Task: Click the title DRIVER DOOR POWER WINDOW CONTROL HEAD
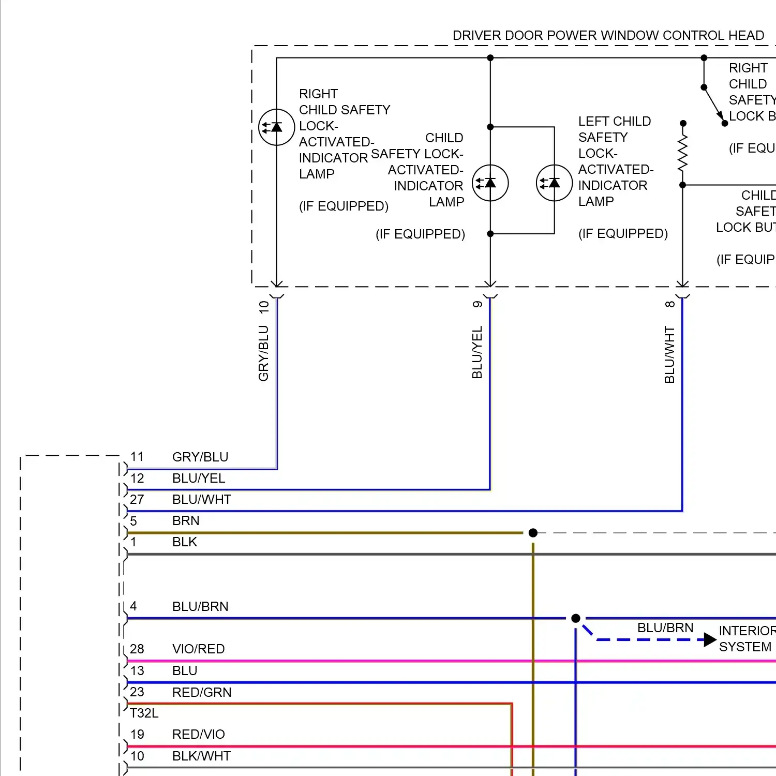coord(608,35)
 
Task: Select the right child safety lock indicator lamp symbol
coord(277,127)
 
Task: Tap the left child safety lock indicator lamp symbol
coord(554,183)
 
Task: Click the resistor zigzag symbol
coord(683,153)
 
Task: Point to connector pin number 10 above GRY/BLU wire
coord(264,307)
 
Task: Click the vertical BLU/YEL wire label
coord(477,352)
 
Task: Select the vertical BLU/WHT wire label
coord(669,354)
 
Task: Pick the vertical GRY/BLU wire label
coord(263,353)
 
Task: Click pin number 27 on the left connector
coord(137,499)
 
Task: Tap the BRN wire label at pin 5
coord(186,520)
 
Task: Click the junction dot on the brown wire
coord(533,533)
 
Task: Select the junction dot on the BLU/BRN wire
coord(575,618)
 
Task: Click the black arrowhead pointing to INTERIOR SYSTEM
coord(710,640)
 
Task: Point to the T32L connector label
coord(144,713)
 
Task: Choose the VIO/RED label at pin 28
coord(198,649)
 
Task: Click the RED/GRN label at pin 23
coord(202,692)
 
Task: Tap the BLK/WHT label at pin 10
coord(201,756)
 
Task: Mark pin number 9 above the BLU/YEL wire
coord(477,304)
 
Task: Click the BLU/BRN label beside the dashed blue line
coord(665,628)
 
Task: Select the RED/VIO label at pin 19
coord(198,734)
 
